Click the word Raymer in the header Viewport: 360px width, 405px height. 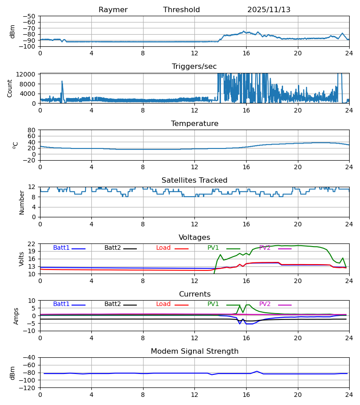point(113,10)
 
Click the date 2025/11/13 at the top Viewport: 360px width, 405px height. point(269,10)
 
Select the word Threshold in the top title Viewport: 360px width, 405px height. point(181,10)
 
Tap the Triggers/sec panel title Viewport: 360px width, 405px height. point(194,67)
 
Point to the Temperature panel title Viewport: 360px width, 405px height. point(194,124)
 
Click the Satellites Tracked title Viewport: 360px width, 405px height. point(194,180)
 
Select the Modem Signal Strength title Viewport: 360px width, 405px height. point(194,351)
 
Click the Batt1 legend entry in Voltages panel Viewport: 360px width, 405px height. point(62,248)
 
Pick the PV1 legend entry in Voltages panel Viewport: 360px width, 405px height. point(213,248)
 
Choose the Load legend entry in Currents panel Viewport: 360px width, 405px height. point(163,304)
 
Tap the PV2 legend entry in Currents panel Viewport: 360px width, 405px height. point(265,304)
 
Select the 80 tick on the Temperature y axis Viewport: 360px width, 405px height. point(32,130)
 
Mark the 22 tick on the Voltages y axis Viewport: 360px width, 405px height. point(32,244)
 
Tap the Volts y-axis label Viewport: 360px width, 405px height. point(22,259)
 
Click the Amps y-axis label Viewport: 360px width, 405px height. point(16,316)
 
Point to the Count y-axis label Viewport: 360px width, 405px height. point(10,88)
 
